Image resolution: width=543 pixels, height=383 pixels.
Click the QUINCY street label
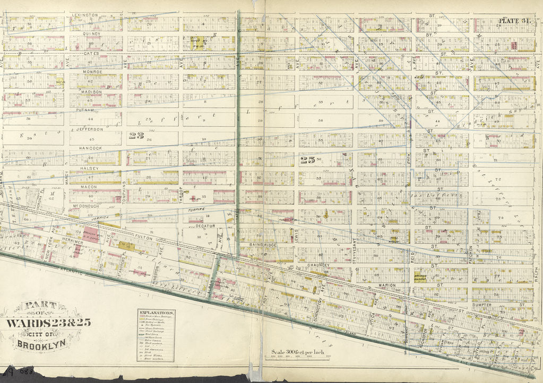(91, 34)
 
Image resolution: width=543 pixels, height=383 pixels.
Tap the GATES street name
(91, 54)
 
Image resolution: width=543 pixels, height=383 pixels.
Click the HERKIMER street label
(73, 240)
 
